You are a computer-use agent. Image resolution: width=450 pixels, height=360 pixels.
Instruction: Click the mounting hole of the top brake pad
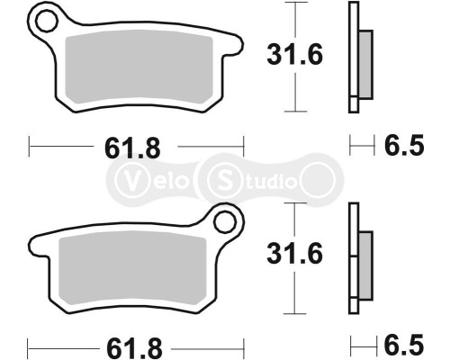(x=42, y=19)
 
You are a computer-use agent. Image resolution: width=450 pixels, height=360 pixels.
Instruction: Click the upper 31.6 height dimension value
(x=292, y=56)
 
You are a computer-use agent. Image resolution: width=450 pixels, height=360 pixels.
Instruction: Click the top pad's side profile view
(x=356, y=58)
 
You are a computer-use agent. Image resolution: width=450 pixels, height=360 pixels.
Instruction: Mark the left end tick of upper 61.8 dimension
(x=30, y=145)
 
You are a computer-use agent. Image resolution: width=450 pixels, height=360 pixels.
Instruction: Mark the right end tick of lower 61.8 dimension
(x=243, y=345)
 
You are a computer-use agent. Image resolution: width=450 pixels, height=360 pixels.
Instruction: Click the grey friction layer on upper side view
(x=365, y=64)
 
